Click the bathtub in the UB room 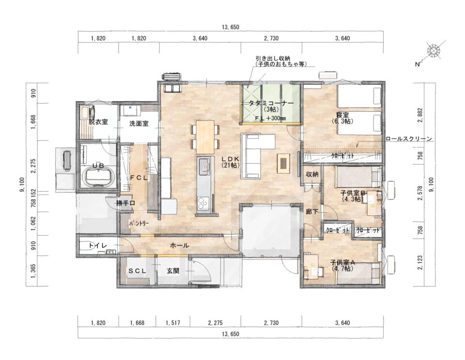tap(98, 177)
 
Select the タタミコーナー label tap(271, 104)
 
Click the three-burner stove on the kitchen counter tap(203, 203)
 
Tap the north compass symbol tap(434, 51)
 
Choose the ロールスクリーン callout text tap(409, 138)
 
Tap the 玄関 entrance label tap(172, 271)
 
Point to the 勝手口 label tap(126, 203)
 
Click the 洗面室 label tap(139, 123)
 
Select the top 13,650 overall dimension tap(231, 27)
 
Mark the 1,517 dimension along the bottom tap(173, 323)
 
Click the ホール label tap(179, 245)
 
